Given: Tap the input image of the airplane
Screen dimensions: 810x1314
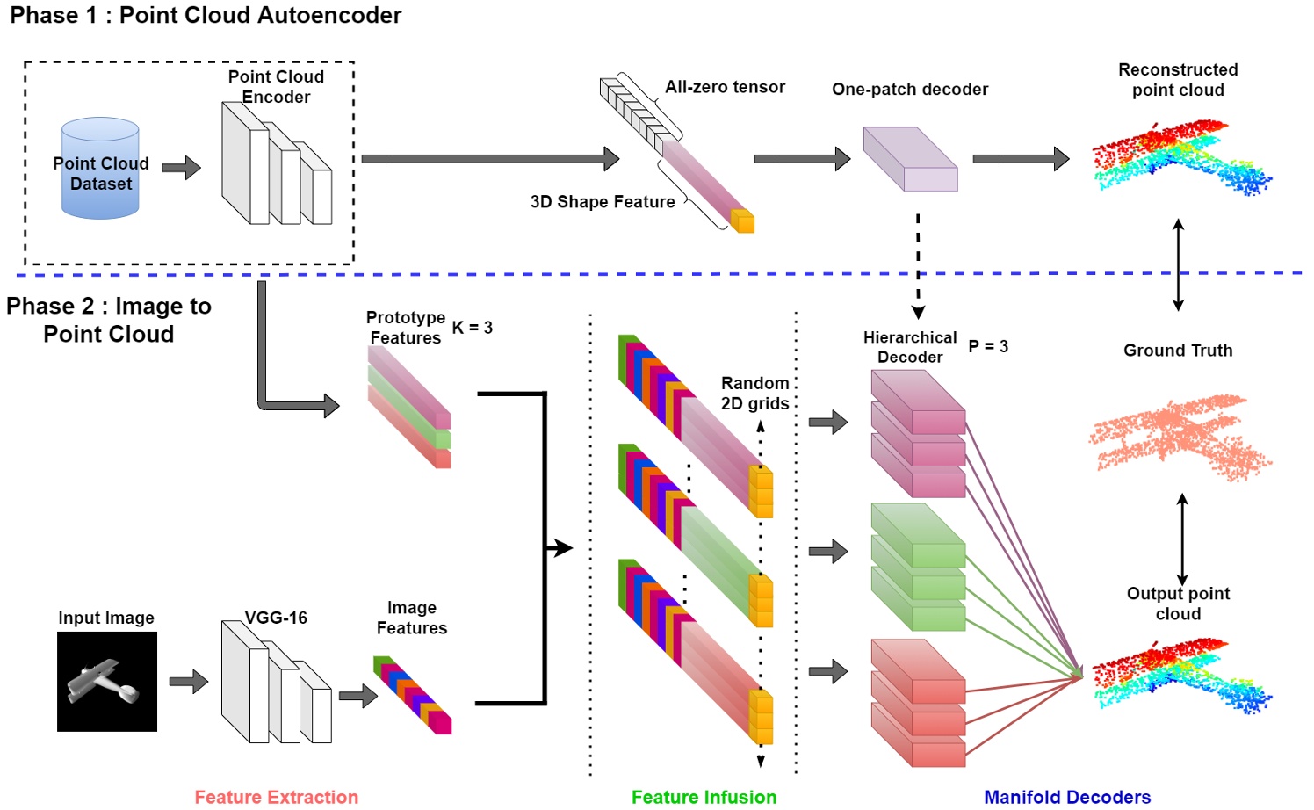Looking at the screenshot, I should [x=107, y=682].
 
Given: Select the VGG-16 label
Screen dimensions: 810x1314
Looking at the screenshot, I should [x=276, y=618].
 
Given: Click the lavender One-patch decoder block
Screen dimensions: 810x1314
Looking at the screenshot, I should [x=910, y=159].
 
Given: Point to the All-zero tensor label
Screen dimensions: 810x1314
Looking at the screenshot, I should [x=725, y=87].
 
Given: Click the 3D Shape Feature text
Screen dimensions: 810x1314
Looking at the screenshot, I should [x=603, y=202].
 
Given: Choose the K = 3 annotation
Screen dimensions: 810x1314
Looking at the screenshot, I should [x=473, y=328].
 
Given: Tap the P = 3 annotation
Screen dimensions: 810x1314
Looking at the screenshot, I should [x=988, y=346].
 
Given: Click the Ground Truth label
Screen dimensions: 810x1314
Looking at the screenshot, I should [x=1178, y=351].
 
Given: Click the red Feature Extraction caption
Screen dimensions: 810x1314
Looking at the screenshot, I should [x=276, y=797].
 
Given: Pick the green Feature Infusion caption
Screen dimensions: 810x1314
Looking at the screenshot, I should [x=704, y=797].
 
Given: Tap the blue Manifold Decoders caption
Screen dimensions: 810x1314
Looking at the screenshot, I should [x=1067, y=797].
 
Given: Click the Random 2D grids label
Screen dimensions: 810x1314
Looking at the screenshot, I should [x=754, y=394].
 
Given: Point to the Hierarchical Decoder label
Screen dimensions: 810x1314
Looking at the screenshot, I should [x=910, y=347].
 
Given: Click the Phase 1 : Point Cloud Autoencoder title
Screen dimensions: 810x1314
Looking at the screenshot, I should [x=206, y=15].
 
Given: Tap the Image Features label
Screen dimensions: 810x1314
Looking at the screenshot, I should [x=412, y=618].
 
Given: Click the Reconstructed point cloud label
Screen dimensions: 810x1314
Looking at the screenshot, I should [x=1178, y=80].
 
